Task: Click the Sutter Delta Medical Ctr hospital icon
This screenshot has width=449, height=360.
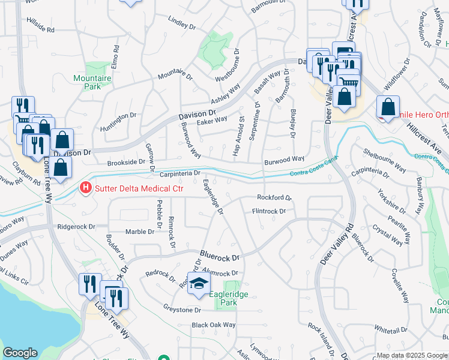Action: [86, 189]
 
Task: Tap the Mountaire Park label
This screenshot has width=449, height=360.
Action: [88, 82]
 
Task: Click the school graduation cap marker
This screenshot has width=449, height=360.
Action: [199, 283]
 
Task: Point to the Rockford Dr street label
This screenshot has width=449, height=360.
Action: [274, 197]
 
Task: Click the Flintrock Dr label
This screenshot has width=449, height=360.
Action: [268, 211]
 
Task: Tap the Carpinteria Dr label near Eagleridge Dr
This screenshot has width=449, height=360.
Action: [180, 173]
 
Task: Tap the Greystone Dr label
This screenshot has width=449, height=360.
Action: [182, 310]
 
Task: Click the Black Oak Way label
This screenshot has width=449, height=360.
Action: [214, 325]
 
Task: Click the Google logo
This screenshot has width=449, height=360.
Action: [20, 352]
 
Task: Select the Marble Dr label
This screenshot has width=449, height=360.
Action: [141, 232]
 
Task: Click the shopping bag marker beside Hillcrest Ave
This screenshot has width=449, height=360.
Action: [388, 107]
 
